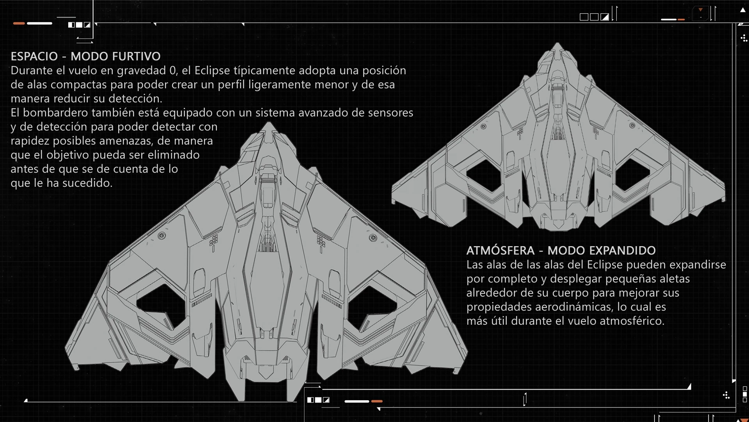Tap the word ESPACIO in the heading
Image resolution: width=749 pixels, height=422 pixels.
point(34,56)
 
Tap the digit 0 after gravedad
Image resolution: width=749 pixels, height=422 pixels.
point(173,71)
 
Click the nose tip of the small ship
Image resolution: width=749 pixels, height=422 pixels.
point(557,43)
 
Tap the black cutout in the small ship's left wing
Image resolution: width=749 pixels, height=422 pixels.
point(484,176)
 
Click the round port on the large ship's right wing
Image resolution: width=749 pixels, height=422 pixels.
point(373,238)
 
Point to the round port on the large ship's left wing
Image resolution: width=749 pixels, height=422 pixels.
point(161,236)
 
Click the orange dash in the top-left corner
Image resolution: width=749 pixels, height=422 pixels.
point(19,23)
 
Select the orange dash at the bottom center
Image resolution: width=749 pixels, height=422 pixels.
point(377,401)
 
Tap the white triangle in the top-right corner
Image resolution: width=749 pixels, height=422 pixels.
point(743,11)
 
